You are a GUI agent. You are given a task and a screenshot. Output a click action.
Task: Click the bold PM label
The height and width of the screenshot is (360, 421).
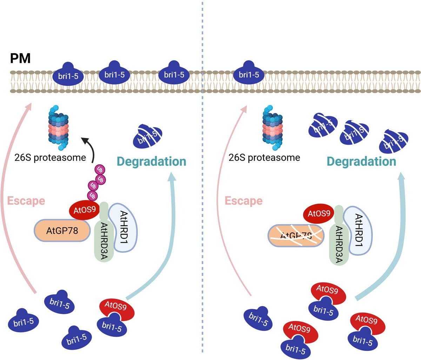coord(20,58)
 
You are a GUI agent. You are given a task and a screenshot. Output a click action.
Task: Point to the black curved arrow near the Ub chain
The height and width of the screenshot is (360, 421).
coord(89,148)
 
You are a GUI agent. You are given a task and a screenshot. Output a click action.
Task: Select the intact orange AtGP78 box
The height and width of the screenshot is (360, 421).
coord(62,231)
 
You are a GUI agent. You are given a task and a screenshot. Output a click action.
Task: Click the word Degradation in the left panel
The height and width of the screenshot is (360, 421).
coord(151,162)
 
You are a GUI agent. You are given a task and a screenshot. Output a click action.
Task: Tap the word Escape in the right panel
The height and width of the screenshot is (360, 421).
coord(243,201)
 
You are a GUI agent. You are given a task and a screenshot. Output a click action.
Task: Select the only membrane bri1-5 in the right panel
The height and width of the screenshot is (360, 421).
coord(249,74)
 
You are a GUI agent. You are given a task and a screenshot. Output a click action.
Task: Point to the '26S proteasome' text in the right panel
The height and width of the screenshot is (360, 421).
coord(264,157)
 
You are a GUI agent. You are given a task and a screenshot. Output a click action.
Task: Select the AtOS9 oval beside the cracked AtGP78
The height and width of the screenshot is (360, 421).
coord(319,214)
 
